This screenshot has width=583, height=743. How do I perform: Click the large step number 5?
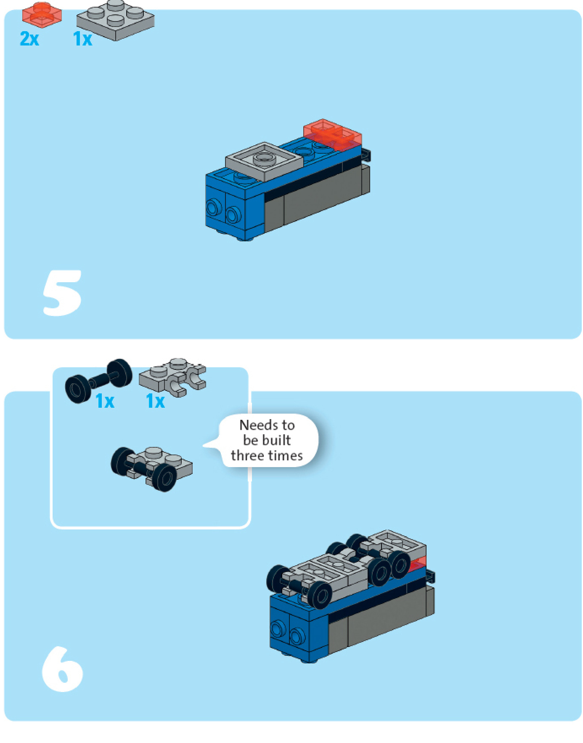tap(62, 293)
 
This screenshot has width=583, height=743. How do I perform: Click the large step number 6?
tap(62, 669)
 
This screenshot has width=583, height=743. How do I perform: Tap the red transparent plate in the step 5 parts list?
tap(42, 13)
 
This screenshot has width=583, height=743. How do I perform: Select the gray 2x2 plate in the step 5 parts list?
tap(115, 19)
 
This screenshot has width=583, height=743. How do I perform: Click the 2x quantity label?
tap(29, 39)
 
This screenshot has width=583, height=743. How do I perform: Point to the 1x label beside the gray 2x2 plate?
tap(82, 39)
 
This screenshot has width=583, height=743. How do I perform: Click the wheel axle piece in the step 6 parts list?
tap(98, 380)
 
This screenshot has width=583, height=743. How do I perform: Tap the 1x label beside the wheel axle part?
tap(105, 401)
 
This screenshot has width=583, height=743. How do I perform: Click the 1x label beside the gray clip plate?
tap(155, 401)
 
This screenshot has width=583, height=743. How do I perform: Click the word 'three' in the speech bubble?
tap(248, 456)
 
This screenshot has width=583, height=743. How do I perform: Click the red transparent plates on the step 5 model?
tap(332, 134)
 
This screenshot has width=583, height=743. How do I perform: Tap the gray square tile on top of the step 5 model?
tap(264, 160)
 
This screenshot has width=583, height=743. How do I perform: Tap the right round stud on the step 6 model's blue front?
tap(297, 636)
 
